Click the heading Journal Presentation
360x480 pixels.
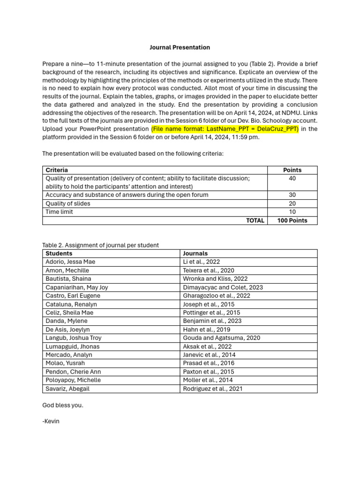click(x=180, y=47)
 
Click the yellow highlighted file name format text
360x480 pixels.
click(x=225, y=129)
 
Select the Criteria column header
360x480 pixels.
click(x=57, y=170)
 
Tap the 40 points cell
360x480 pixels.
click(x=292, y=179)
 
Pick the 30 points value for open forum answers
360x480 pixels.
click(x=292, y=195)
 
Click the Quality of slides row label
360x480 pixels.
click(x=68, y=203)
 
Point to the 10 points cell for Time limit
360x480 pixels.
click(x=292, y=212)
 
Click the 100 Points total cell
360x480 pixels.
click(x=292, y=220)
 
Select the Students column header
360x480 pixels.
click(x=59, y=254)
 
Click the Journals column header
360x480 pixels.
click(x=195, y=254)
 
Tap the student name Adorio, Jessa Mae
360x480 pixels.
click(x=70, y=262)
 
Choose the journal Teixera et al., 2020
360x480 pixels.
click(x=208, y=270)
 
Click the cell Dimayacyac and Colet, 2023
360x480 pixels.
click(x=223, y=287)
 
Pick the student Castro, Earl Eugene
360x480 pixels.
click(x=73, y=296)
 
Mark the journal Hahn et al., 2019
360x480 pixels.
click(x=203, y=330)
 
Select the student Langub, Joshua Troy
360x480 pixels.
click(x=74, y=338)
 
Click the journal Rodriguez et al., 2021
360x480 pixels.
click(x=212, y=389)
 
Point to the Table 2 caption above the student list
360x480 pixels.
click(x=100, y=245)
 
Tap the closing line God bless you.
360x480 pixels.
click(x=62, y=405)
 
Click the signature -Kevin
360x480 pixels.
click(x=51, y=421)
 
